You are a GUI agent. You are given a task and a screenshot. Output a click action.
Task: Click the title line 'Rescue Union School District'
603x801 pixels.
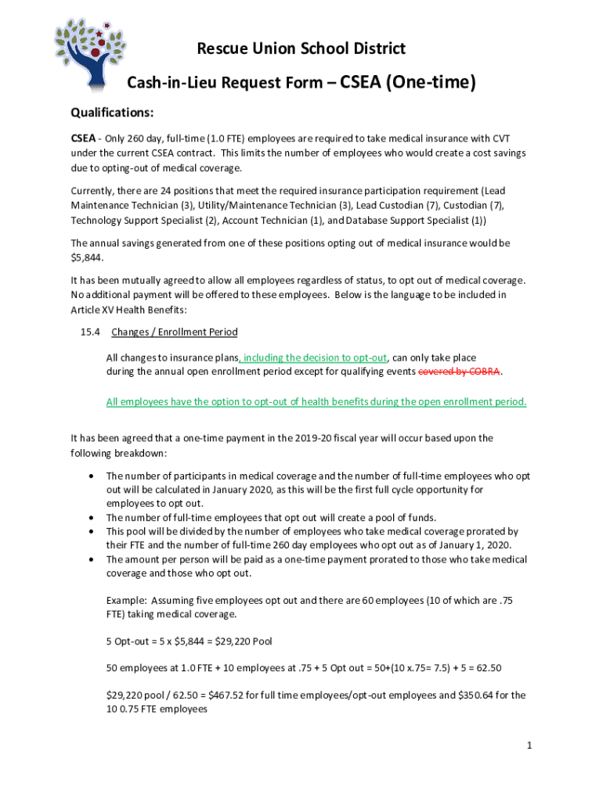click(301, 49)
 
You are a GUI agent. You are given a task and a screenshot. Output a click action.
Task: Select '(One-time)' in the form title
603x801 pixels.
click(428, 82)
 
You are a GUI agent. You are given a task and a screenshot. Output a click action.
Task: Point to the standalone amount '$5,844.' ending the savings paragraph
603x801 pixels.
click(88, 257)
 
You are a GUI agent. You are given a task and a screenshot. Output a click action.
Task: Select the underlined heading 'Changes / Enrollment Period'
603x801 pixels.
click(174, 332)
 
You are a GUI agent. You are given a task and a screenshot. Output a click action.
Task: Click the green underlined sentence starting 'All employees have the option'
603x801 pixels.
click(316, 402)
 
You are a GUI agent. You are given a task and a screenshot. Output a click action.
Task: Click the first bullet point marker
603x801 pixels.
click(93, 476)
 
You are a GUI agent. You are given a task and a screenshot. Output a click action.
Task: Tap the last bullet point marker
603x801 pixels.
click(93, 560)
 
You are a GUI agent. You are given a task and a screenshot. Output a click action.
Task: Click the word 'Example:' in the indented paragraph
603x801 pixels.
click(126, 601)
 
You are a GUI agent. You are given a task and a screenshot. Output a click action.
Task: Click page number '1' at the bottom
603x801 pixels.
click(529, 745)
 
